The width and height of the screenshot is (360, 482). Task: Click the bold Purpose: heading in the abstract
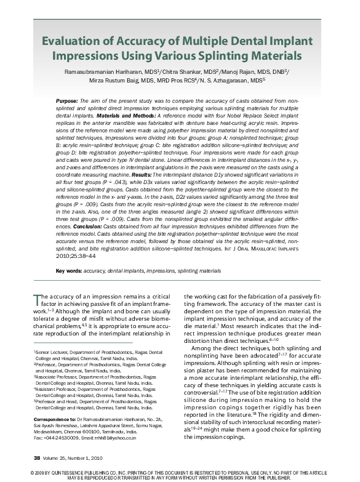[67, 100]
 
